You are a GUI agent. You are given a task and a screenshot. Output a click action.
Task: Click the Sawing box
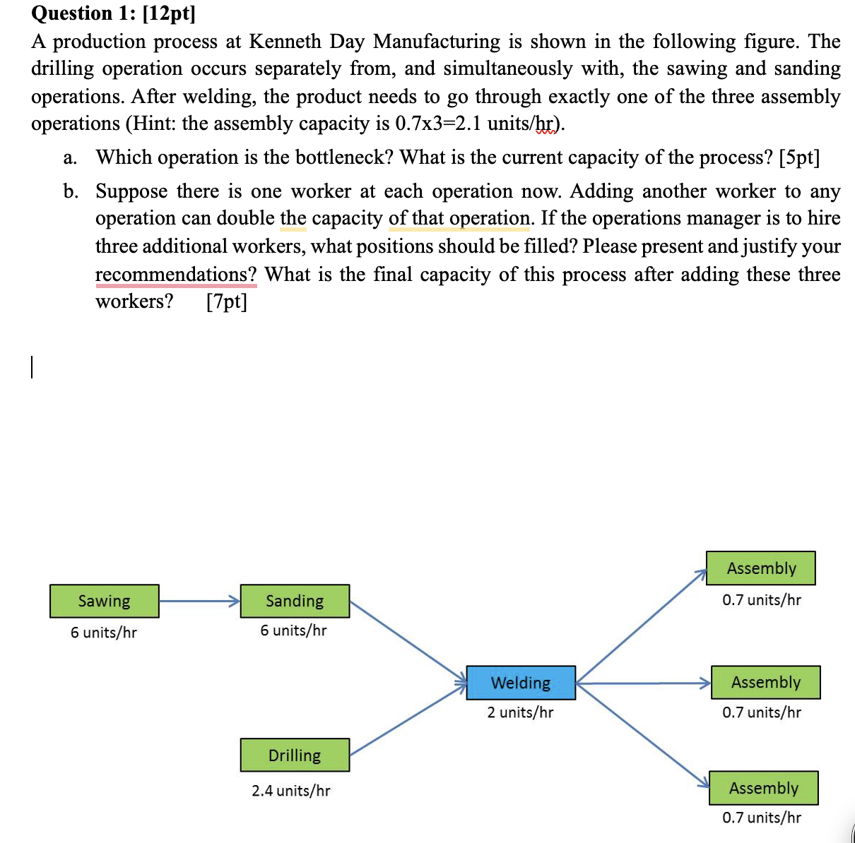pos(105,601)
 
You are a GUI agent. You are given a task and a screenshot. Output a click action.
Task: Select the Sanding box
pos(295,601)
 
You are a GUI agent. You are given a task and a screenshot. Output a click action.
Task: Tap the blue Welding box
pos(521,683)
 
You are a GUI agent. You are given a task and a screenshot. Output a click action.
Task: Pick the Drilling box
pos(295,755)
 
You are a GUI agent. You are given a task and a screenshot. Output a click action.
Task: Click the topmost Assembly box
pos(761,568)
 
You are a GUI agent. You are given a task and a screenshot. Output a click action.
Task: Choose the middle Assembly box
pos(765,683)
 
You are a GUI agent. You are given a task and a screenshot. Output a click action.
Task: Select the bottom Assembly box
pos(763,788)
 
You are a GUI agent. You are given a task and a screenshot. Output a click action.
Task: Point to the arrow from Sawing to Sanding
pos(199,602)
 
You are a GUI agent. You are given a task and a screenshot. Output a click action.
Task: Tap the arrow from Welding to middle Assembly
pos(643,683)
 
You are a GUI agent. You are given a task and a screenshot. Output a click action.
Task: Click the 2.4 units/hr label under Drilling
pos(290,791)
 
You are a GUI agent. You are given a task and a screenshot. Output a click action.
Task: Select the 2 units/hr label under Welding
pos(520,712)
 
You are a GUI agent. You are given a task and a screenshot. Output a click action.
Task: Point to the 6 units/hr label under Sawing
pos(103,633)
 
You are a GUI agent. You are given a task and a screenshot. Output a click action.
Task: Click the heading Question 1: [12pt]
pos(113,13)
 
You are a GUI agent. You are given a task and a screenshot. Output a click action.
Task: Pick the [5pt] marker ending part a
pos(799,157)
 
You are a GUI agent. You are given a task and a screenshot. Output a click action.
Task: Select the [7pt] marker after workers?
pos(227,301)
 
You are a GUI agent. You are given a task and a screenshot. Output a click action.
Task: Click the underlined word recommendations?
pos(176,274)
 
